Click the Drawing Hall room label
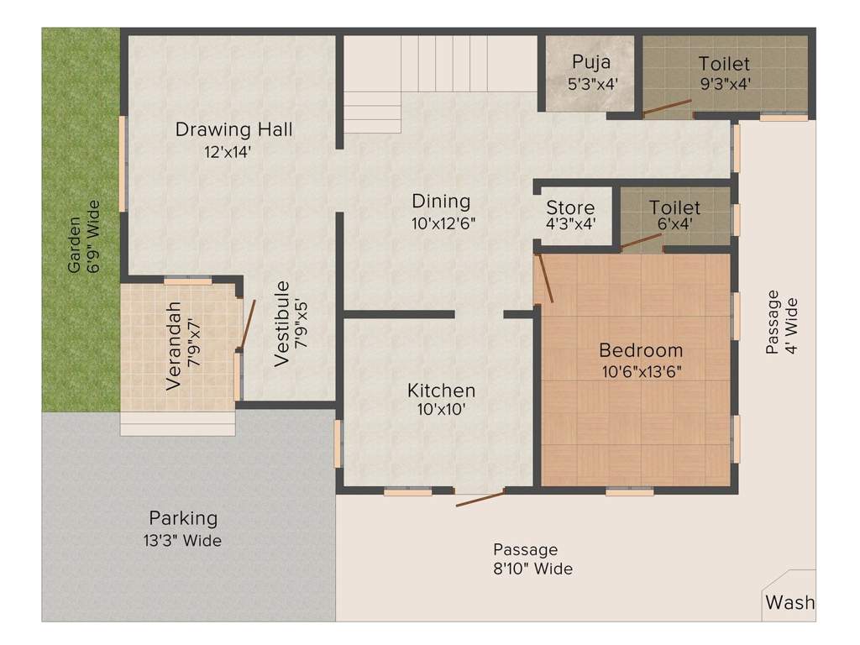pos(233,129)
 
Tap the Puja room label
pos(591,62)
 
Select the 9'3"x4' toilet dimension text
pos(725,84)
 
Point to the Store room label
pos(570,207)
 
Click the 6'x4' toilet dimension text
pos(674,223)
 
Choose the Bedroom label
pos(641,350)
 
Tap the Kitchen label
pos(442,391)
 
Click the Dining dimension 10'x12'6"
pos(443,223)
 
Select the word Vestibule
pos(281,323)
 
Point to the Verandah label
pos(173,346)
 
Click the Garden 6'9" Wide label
pos(84,236)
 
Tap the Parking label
pos(183,518)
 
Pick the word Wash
pos(789,602)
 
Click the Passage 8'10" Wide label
pos(532,558)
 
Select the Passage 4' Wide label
pos(781,322)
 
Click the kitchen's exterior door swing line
pos(480,499)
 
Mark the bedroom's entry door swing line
pos(545,278)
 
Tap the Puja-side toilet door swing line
pos(666,107)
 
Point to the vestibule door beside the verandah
pos(248,325)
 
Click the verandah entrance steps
pos(178,423)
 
